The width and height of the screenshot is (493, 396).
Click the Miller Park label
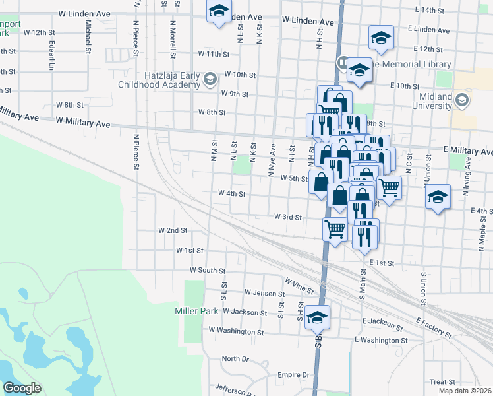[196, 311]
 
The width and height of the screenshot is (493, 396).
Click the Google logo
[22, 388]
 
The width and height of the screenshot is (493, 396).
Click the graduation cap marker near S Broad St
[318, 318]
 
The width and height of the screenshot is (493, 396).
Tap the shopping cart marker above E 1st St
[335, 230]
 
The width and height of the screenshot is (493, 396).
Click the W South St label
[208, 271]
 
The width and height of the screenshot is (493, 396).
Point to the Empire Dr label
[293, 375]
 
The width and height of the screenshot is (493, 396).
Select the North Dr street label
[235, 358]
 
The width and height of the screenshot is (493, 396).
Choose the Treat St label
[442, 382]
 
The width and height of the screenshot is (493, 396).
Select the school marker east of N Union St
[438, 197]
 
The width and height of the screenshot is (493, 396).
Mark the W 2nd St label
[173, 230]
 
